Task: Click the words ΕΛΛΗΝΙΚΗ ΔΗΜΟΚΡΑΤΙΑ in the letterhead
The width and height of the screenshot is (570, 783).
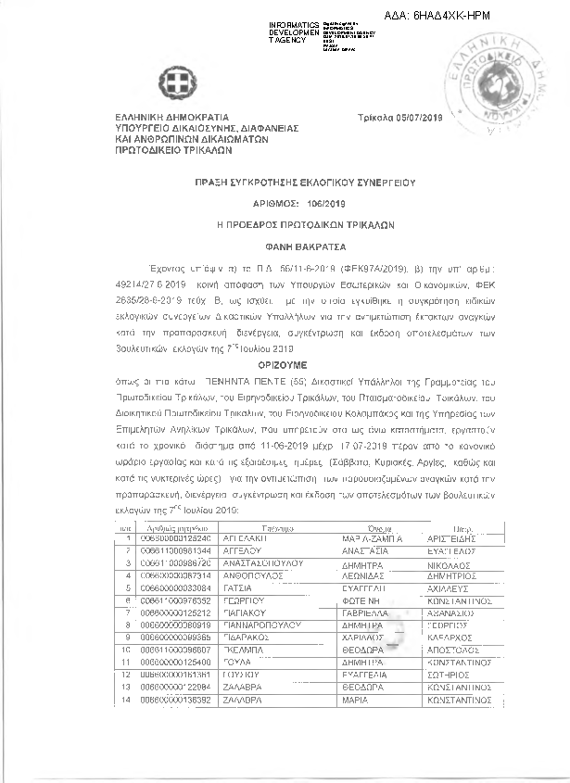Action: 167,118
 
